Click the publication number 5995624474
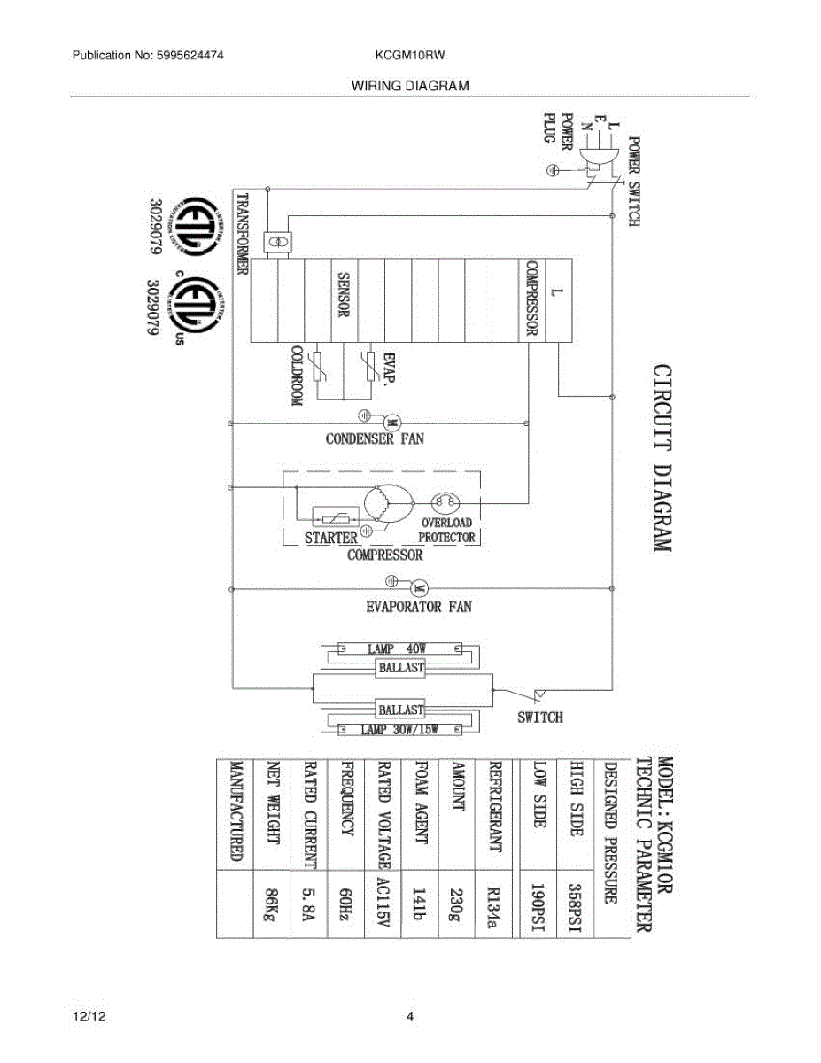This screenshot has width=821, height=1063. tap(190, 55)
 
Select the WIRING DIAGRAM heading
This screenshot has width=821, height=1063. tap(410, 86)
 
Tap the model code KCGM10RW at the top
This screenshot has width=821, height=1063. tap(410, 55)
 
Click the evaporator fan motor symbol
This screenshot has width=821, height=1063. tap(420, 587)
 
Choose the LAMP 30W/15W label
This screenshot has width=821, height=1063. tap(400, 729)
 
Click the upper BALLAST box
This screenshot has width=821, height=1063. tap(402, 667)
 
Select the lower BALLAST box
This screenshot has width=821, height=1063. tap(402, 710)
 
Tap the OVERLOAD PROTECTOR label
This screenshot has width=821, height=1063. tap(446, 531)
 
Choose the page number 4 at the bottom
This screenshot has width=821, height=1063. tap(410, 1016)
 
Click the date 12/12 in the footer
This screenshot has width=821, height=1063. tap(85, 1016)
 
